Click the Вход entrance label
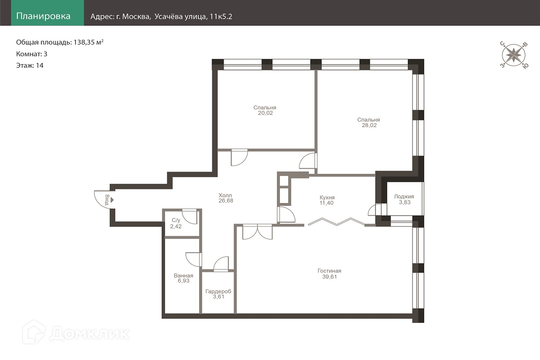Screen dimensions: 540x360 point(107,200)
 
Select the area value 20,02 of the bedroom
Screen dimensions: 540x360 point(265,113)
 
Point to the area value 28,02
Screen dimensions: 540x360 point(369,126)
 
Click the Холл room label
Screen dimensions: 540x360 point(225,195)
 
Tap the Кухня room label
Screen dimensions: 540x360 point(327,198)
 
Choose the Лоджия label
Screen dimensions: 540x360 point(404,197)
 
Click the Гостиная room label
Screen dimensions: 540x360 point(329,271)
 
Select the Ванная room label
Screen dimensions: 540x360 point(184,276)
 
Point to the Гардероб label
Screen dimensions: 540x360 point(218,292)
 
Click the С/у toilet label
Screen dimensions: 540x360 point(176,220)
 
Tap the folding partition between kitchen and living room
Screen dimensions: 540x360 point(337,222)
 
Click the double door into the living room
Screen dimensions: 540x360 point(257,232)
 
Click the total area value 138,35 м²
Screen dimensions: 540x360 point(89,42)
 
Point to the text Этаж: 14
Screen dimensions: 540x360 point(30,66)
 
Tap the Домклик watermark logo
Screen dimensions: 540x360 point(76,333)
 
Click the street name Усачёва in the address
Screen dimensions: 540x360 point(167,16)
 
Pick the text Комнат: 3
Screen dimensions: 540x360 point(32,54)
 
